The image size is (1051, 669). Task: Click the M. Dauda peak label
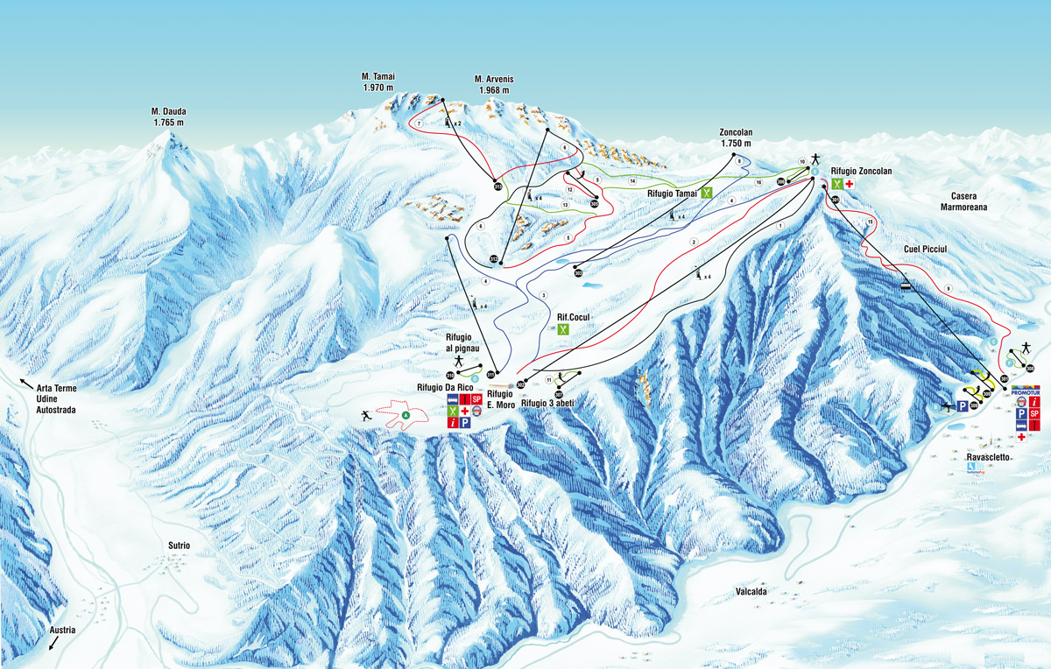[x=167, y=116]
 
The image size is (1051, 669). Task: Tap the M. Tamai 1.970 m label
[x=378, y=82]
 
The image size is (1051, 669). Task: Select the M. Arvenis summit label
[x=494, y=85]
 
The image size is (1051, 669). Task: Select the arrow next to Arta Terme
[x=25, y=384]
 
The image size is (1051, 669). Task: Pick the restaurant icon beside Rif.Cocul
[x=564, y=330]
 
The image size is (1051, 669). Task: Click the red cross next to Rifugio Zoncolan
[x=849, y=185]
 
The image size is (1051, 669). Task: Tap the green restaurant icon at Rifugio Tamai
[x=706, y=193]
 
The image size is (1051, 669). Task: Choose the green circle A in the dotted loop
[x=406, y=414]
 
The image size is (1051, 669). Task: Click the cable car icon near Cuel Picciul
[x=906, y=283]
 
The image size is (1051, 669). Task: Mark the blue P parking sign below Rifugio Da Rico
[x=465, y=422]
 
